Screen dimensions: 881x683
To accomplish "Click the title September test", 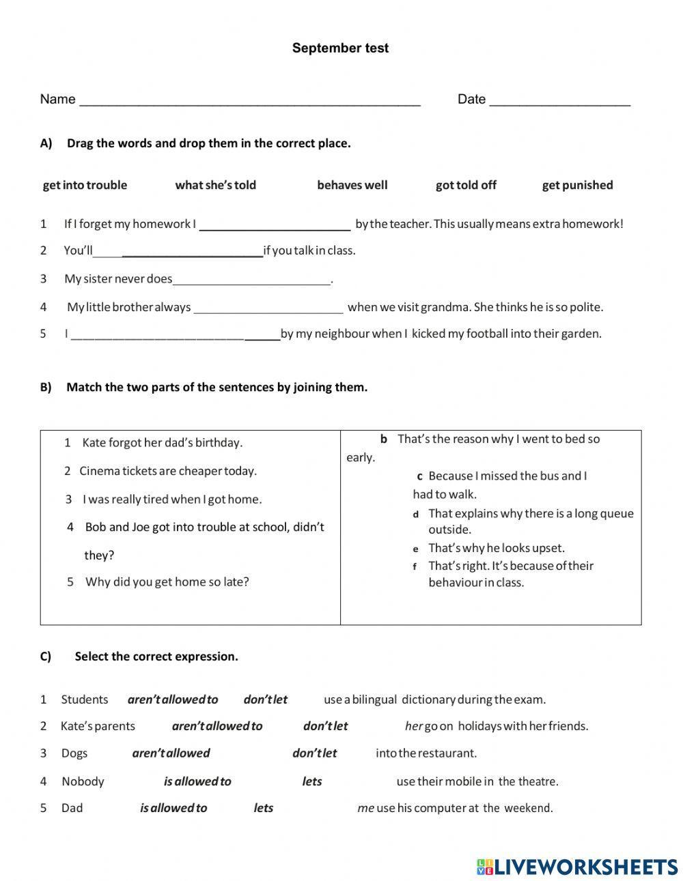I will click(340, 48).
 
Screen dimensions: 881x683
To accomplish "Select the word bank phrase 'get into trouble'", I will click(85, 185).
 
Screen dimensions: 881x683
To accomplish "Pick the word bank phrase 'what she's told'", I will click(215, 185).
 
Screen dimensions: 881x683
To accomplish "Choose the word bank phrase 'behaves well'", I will click(352, 185).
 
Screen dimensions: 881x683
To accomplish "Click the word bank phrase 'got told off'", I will click(466, 185).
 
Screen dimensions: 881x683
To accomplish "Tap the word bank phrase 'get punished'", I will click(577, 185).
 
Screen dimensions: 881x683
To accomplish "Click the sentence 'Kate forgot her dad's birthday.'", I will click(162, 443).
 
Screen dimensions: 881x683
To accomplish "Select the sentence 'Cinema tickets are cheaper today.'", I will click(168, 471).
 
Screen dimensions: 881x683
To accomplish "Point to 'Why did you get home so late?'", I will click(167, 582).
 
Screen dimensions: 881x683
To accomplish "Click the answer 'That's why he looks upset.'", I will click(496, 548).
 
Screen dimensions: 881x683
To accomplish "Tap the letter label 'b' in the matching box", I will click(384, 439).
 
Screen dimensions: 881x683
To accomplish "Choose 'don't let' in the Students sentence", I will click(265, 699).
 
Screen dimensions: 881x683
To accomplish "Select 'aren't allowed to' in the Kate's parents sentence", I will click(217, 726).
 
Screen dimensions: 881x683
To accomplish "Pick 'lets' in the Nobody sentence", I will click(311, 781).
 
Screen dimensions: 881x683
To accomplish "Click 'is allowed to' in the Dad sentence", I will click(173, 808).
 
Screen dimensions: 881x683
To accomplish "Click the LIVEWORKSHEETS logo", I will click(577, 867).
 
